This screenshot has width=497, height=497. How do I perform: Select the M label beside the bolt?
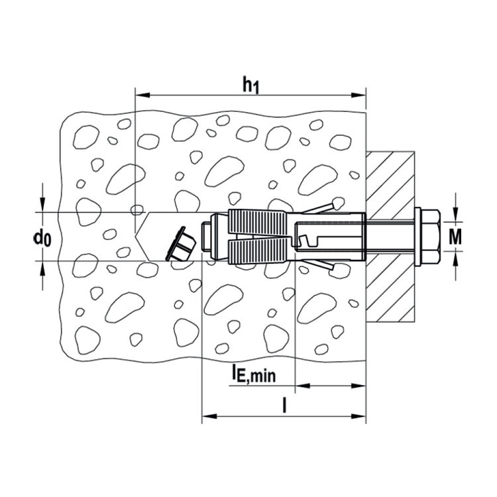click(455, 237)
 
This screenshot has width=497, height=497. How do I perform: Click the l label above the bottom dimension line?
click(285, 406)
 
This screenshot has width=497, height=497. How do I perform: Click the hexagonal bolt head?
click(431, 237)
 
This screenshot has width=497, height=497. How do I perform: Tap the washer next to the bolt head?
click(417, 237)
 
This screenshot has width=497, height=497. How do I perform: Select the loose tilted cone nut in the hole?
click(180, 245)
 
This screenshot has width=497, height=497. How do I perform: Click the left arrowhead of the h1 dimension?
click(142, 95)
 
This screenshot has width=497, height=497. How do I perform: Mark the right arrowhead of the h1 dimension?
click(359, 95)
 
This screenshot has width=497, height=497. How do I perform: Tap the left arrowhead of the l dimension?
click(209, 416)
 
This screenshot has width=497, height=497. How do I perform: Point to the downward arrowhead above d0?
click(42, 205)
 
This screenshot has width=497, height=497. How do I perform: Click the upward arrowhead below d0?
click(42, 268)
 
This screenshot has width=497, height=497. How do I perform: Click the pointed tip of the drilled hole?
click(135, 237)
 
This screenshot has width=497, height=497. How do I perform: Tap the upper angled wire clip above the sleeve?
click(323, 206)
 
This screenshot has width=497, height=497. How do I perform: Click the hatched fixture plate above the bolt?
click(390, 182)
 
